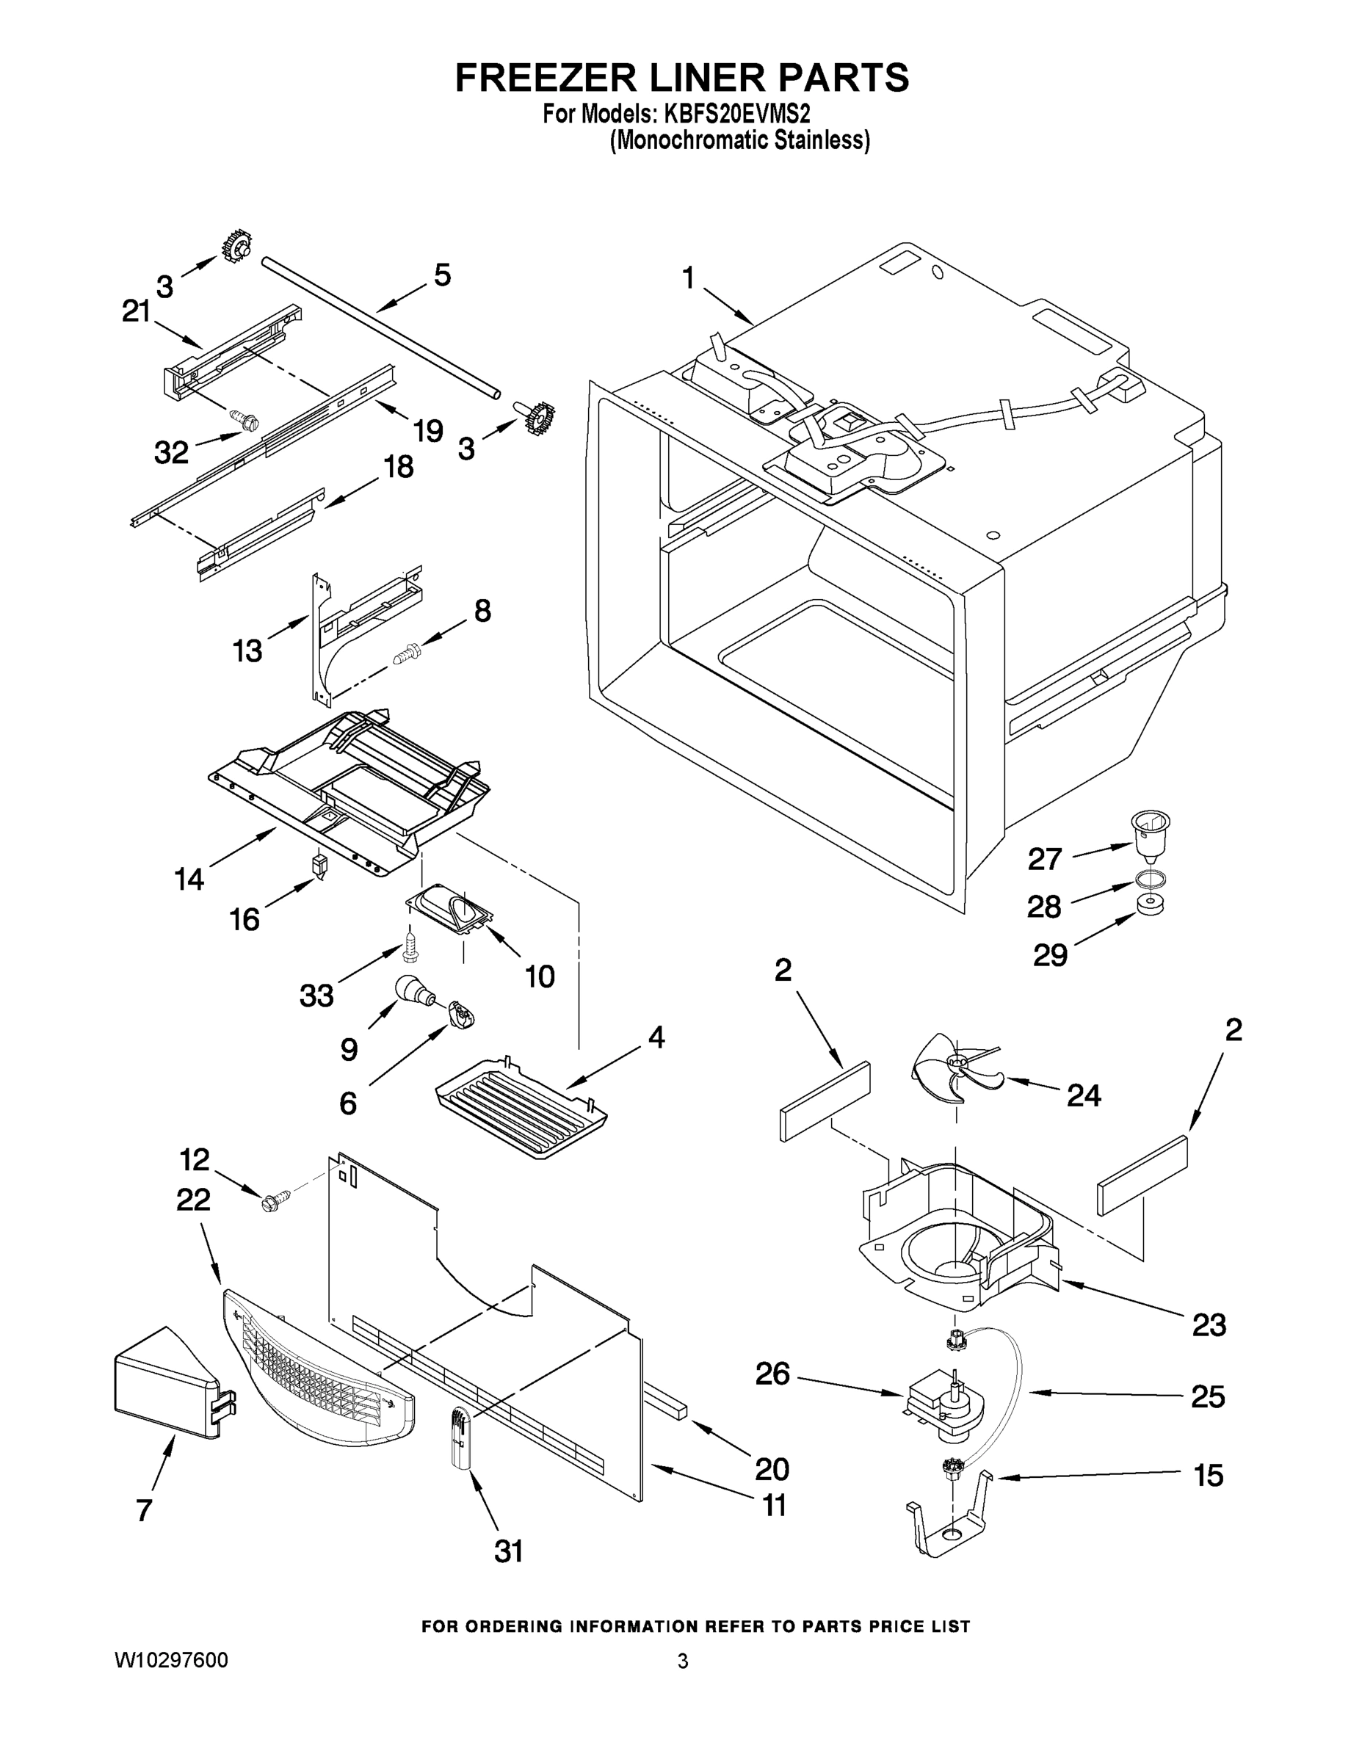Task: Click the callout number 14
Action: coord(189,878)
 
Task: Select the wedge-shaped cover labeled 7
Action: coord(168,1379)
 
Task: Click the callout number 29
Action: coord(1051,955)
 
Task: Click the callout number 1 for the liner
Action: coord(687,278)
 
